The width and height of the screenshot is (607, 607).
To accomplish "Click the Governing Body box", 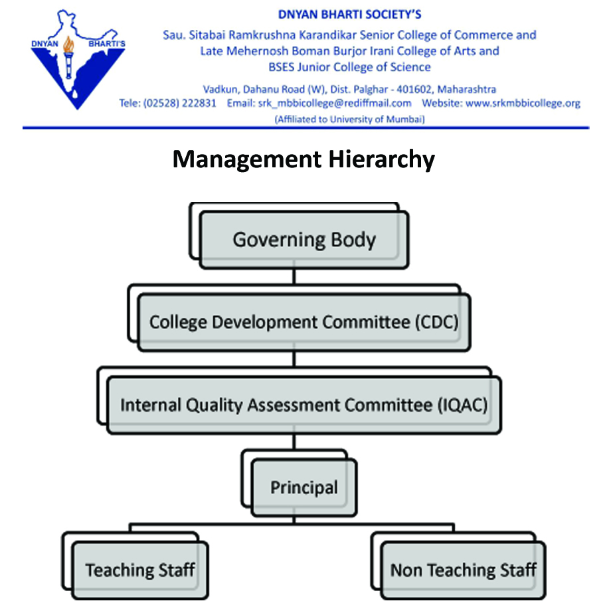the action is coord(304,240).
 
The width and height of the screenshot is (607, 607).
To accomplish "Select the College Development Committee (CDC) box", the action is coord(304,323).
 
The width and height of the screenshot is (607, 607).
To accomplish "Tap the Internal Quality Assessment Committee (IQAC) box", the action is coord(304,405).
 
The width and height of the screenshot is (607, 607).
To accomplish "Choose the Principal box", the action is coord(304,487).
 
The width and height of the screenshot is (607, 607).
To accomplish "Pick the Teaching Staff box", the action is coord(141,570).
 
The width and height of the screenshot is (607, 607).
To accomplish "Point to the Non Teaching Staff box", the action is coord(464,570).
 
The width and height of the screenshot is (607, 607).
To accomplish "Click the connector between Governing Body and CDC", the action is coord(294,277).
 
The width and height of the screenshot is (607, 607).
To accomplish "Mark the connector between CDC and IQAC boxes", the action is coord(294,359).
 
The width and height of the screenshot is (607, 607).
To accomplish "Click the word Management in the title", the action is coord(247,159).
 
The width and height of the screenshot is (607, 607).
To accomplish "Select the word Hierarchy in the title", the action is coord(382,159).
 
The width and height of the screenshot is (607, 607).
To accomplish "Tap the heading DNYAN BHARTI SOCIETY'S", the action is coord(349,15).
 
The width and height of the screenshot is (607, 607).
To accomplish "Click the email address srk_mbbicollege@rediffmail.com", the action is coord(335,104).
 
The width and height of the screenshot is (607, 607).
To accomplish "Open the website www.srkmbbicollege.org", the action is coord(523,104).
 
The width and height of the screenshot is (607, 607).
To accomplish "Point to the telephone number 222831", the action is coord(199,104).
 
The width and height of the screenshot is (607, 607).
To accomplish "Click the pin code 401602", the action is coord(414,90).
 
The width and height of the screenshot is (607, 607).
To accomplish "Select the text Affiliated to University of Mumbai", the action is coord(349,120).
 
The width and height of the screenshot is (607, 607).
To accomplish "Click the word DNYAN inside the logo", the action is coord(44,44).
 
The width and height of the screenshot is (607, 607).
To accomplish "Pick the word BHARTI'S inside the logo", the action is coord(107,44).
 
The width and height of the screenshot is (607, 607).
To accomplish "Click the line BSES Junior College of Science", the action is coord(349,67).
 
